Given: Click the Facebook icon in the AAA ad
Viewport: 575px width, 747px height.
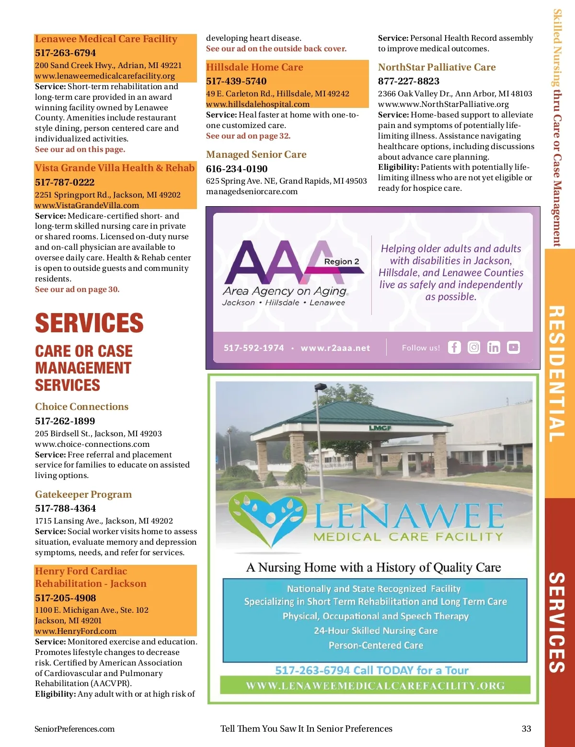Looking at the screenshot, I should coord(454,347).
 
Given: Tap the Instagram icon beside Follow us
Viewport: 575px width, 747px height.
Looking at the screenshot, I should coord(474,347).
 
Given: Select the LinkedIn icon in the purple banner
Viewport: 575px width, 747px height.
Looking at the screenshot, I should coord(494,347).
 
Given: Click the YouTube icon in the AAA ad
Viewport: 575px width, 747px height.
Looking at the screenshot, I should coord(513,347).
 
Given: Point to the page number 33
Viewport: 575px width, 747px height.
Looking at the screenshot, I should coord(526,729).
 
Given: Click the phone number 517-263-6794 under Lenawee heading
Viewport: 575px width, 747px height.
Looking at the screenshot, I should coord(65,53).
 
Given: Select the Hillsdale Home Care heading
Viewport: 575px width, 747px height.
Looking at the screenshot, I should coord(254,67).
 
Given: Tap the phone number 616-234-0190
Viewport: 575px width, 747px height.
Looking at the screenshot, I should coord(237,169).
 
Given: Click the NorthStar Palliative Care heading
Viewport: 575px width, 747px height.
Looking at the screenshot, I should coord(437,67).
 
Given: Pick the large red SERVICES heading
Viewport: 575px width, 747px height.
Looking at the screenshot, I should coord(89,323).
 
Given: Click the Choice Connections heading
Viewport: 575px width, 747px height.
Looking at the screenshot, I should coord(81,407).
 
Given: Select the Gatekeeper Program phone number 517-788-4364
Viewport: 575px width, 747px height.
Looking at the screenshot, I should coord(65,508).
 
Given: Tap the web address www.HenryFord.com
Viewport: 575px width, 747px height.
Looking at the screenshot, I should coord(76,631).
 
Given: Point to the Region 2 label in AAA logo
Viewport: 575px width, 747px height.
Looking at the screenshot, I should coord(341,261).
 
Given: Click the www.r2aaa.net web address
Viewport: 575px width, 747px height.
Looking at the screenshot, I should coord(335,348).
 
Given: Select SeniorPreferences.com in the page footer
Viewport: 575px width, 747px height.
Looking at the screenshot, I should coord(74,729).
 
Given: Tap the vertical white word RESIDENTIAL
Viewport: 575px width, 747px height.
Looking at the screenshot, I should coord(557,374).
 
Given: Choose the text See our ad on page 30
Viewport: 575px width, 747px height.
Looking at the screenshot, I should coord(77,289).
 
